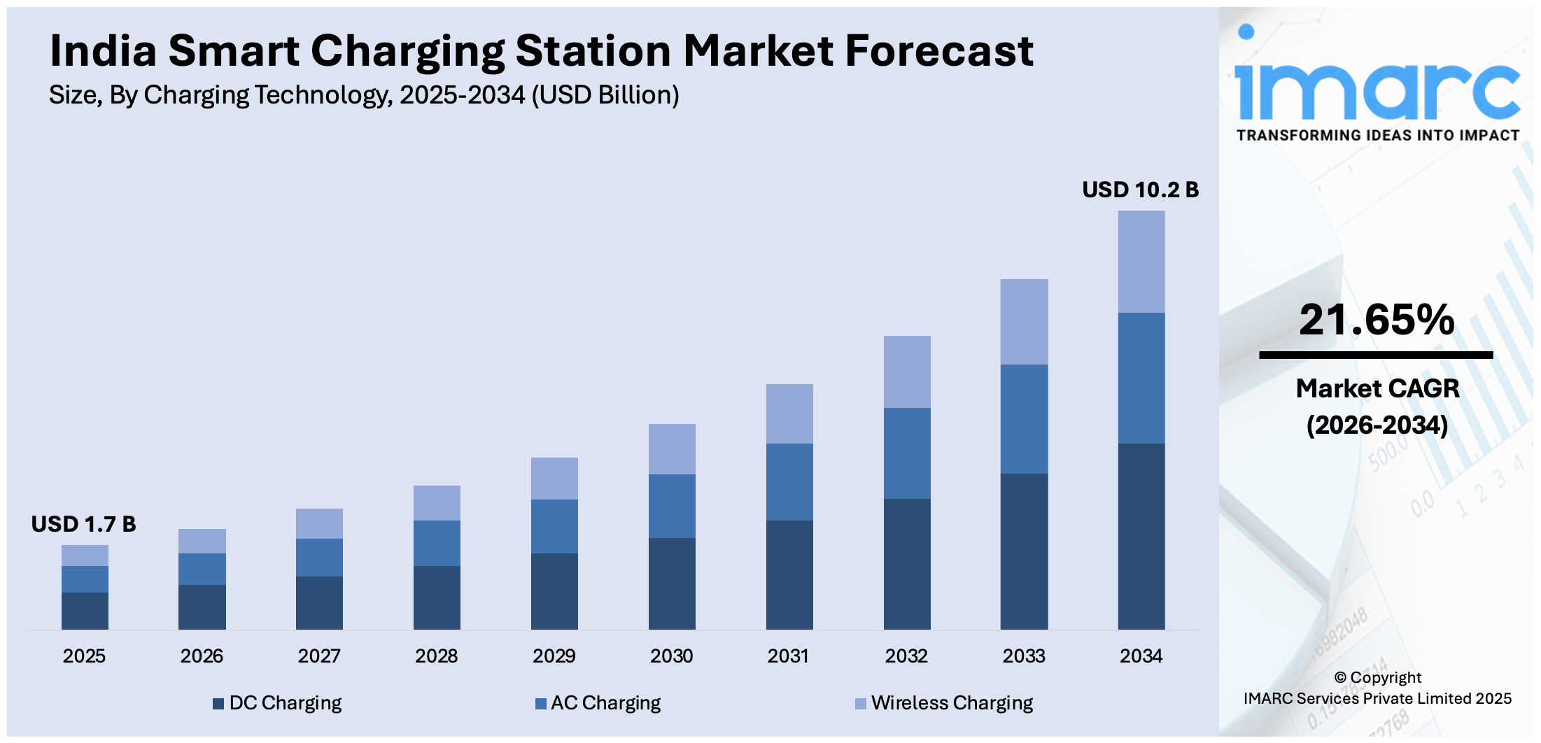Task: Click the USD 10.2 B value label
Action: pyautogui.click(x=1140, y=190)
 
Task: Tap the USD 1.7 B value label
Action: pyautogui.click(x=83, y=524)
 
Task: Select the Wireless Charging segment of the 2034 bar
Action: pyautogui.click(x=1141, y=262)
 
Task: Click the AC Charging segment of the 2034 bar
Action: pyautogui.click(x=1141, y=378)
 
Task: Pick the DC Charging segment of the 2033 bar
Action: pyautogui.click(x=1024, y=551)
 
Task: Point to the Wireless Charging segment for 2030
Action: pyautogui.click(x=672, y=449)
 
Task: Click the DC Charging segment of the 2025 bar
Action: pyautogui.click(x=85, y=611)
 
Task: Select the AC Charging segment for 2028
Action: pyautogui.click(x=437, y=543)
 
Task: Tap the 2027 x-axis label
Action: pyautogui.click(x=319, y=656)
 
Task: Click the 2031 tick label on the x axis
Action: pyautogui.click(x=788, y=656)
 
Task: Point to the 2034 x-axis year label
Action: pyautogui.click(x=1141, y=656)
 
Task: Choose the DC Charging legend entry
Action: pyautogui.click(x=278, y=702)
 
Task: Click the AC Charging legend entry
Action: pyautogui.click(x=598, y=702)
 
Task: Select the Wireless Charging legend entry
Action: pyautogui.click(x=944, y=702)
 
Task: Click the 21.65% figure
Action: pyautogui.click(x=1377, y=320)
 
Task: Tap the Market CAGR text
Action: pyautogui.click(x=1377, y=388)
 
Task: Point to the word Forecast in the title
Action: pyautogui.click(x=938, y=51)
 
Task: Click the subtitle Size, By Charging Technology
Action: pyautogui.click(x=364, y=95)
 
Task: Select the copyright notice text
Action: pyautogui.click(x=1377, y=688)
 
